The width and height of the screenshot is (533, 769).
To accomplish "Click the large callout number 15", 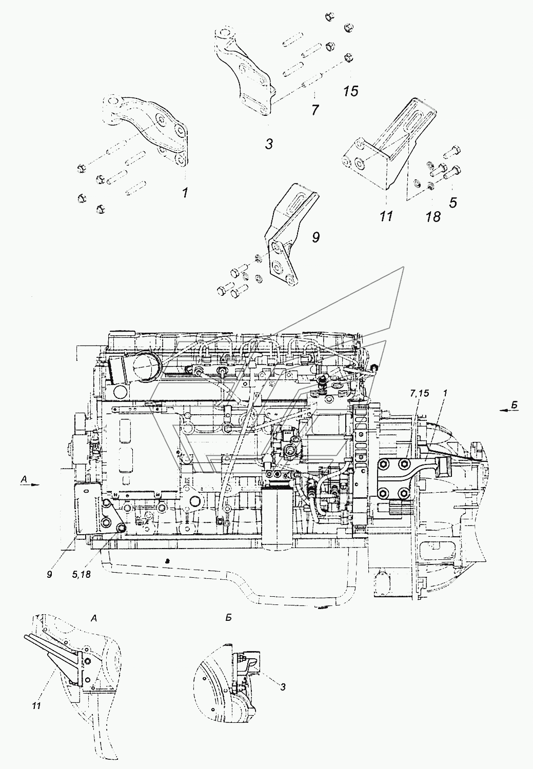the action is pyautogui.click(x=350, y=91).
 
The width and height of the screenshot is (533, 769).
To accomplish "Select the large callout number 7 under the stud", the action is pyautogui.click(x=315, y=110).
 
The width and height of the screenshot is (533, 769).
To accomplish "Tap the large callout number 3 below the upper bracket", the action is pyautogui.click(x=269, y=144).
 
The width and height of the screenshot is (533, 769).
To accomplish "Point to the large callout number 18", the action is pyautogui.click(x=433, y=217).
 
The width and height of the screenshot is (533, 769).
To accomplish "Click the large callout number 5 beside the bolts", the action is pyautogui.click(x=453, y=203).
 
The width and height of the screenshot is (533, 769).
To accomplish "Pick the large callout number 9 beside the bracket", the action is pyautogui.click(x=315, y=237).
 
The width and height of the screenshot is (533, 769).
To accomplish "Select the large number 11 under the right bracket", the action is pyautogui.click(x=386, y=216).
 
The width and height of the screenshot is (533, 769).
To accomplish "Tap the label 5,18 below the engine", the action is pyautogui.click(x=82, y=574).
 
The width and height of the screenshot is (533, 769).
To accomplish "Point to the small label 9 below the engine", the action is pyautogui.click(x=49, y=574).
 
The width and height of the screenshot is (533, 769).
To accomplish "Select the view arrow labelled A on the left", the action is pyautogui.click(x=30, y=483).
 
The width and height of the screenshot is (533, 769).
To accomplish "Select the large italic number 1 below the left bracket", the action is pyautogui.click(x=185, y=193).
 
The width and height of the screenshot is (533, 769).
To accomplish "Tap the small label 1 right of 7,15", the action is pyautogui.click(x=445, y=393).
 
